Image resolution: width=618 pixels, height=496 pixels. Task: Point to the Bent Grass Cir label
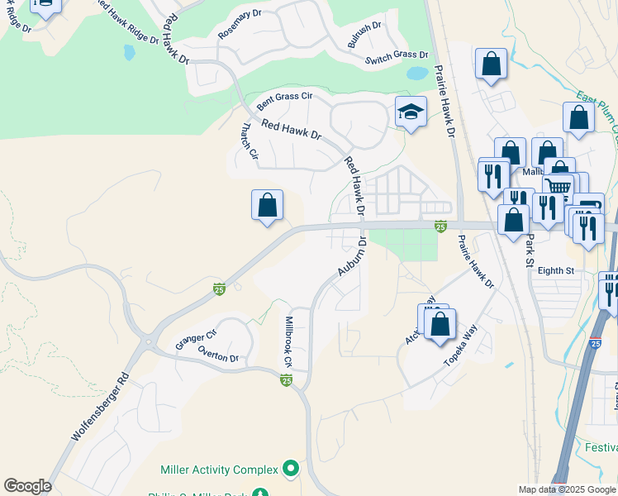(284, 102)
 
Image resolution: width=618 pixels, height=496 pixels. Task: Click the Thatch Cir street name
(249, 143)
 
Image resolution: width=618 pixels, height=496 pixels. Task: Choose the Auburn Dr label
(351, 257)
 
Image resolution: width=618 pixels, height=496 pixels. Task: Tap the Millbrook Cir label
(288, 341)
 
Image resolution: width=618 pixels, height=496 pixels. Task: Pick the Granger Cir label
(195, 338)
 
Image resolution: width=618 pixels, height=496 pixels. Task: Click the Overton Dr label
(218, 353)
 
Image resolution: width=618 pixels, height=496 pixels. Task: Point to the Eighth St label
(556, 270)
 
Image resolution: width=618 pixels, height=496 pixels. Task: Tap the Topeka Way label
(460, 346)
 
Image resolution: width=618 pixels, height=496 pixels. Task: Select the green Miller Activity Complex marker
(290, 469)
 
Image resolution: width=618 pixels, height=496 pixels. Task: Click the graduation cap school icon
(411, 111)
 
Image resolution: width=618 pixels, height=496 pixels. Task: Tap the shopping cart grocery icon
(559, 188)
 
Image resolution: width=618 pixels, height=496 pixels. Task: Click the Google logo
(27, 486)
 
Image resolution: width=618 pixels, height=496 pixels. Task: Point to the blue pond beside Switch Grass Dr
(418, 73)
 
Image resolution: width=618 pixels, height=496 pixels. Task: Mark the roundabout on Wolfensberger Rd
(150, 341)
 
